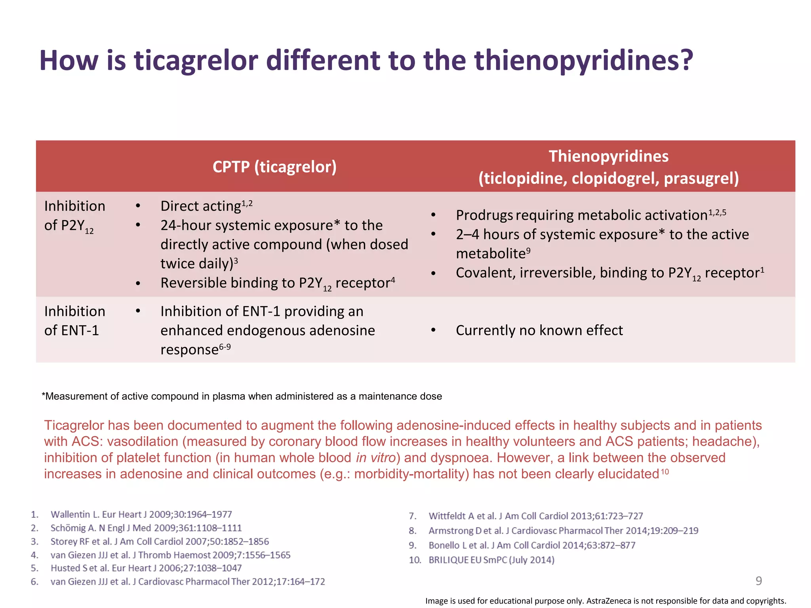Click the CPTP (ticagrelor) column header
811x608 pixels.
(274, 167)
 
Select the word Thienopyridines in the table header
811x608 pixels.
(608, 156)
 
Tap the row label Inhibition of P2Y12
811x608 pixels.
(74, 216)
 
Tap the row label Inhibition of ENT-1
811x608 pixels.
(74, 321)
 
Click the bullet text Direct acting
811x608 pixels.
(201, 206)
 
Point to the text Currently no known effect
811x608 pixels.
(539, 330)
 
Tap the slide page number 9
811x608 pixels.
(758, 581)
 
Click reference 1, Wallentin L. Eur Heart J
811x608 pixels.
(141, 514)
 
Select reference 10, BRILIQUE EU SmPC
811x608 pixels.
(491, 560)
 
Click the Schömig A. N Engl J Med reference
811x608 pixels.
(146, 528)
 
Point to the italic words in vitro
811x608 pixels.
(375, 458)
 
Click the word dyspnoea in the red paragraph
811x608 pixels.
(461, 458)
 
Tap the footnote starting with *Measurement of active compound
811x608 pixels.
(242, 396)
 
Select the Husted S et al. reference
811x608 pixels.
(146, 568)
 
